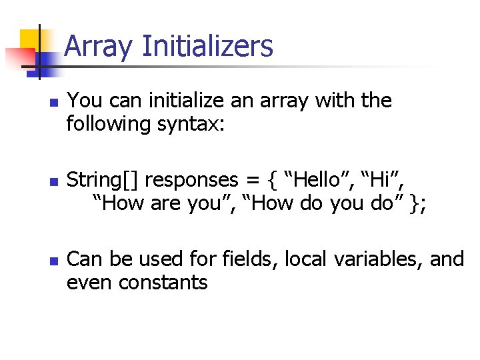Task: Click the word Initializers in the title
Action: pyautogui.click(x=208, y=47)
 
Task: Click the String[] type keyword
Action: pyautogui.click(x=103, y=181)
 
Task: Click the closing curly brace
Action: pyautogui.click(x=416, y=204)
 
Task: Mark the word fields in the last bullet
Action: pyautogui.click(x=247, y=259)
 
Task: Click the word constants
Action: pyautogui.click(x=163, y=283)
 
